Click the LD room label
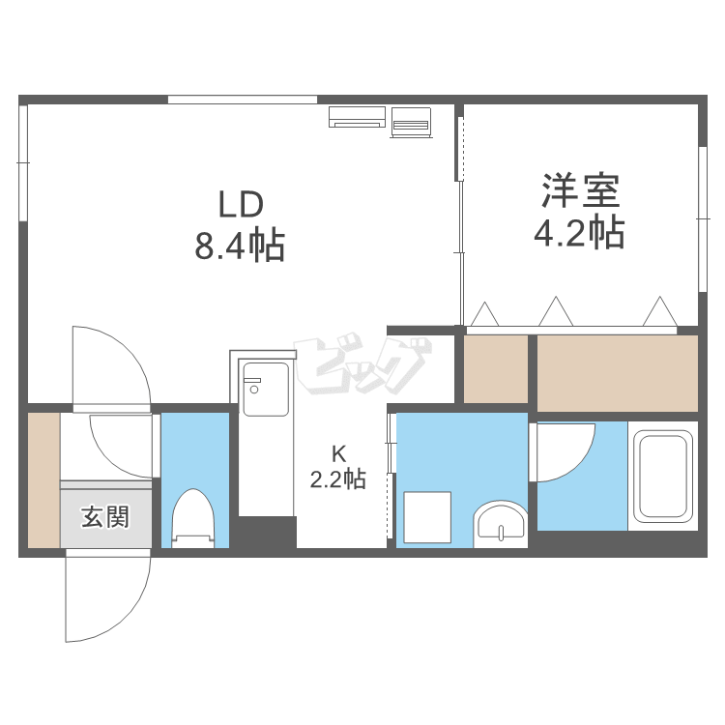(241, 204)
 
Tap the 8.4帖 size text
(240, 246)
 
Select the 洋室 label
(581, 190)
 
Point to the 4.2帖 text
(579, 232)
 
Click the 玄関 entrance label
(105, 516)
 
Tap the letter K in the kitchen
(339, 454)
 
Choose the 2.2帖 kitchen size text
(338, 479)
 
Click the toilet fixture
(193, 518)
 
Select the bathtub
(663, 476)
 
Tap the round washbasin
(501, 524)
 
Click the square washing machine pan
(427, 517)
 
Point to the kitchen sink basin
(266, 390)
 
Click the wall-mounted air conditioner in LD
(357, 117)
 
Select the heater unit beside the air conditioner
(411, 122)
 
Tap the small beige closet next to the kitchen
(496, 369)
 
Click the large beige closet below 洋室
(618, 373)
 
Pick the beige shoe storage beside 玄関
(43, 479)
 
